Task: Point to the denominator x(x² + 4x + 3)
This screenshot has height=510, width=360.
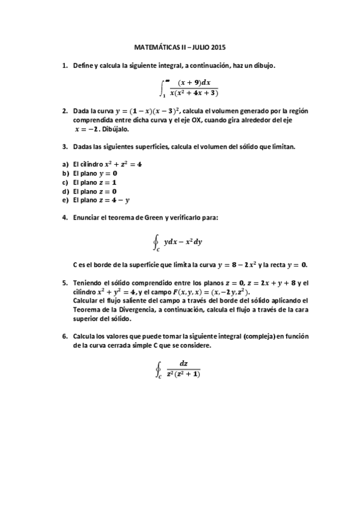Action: tap(194, 93)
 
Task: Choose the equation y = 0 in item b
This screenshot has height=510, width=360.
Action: tap(108, 173)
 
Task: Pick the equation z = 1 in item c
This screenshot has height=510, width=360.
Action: tap(107, 182)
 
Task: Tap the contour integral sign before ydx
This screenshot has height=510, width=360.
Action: tap(156, 242)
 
